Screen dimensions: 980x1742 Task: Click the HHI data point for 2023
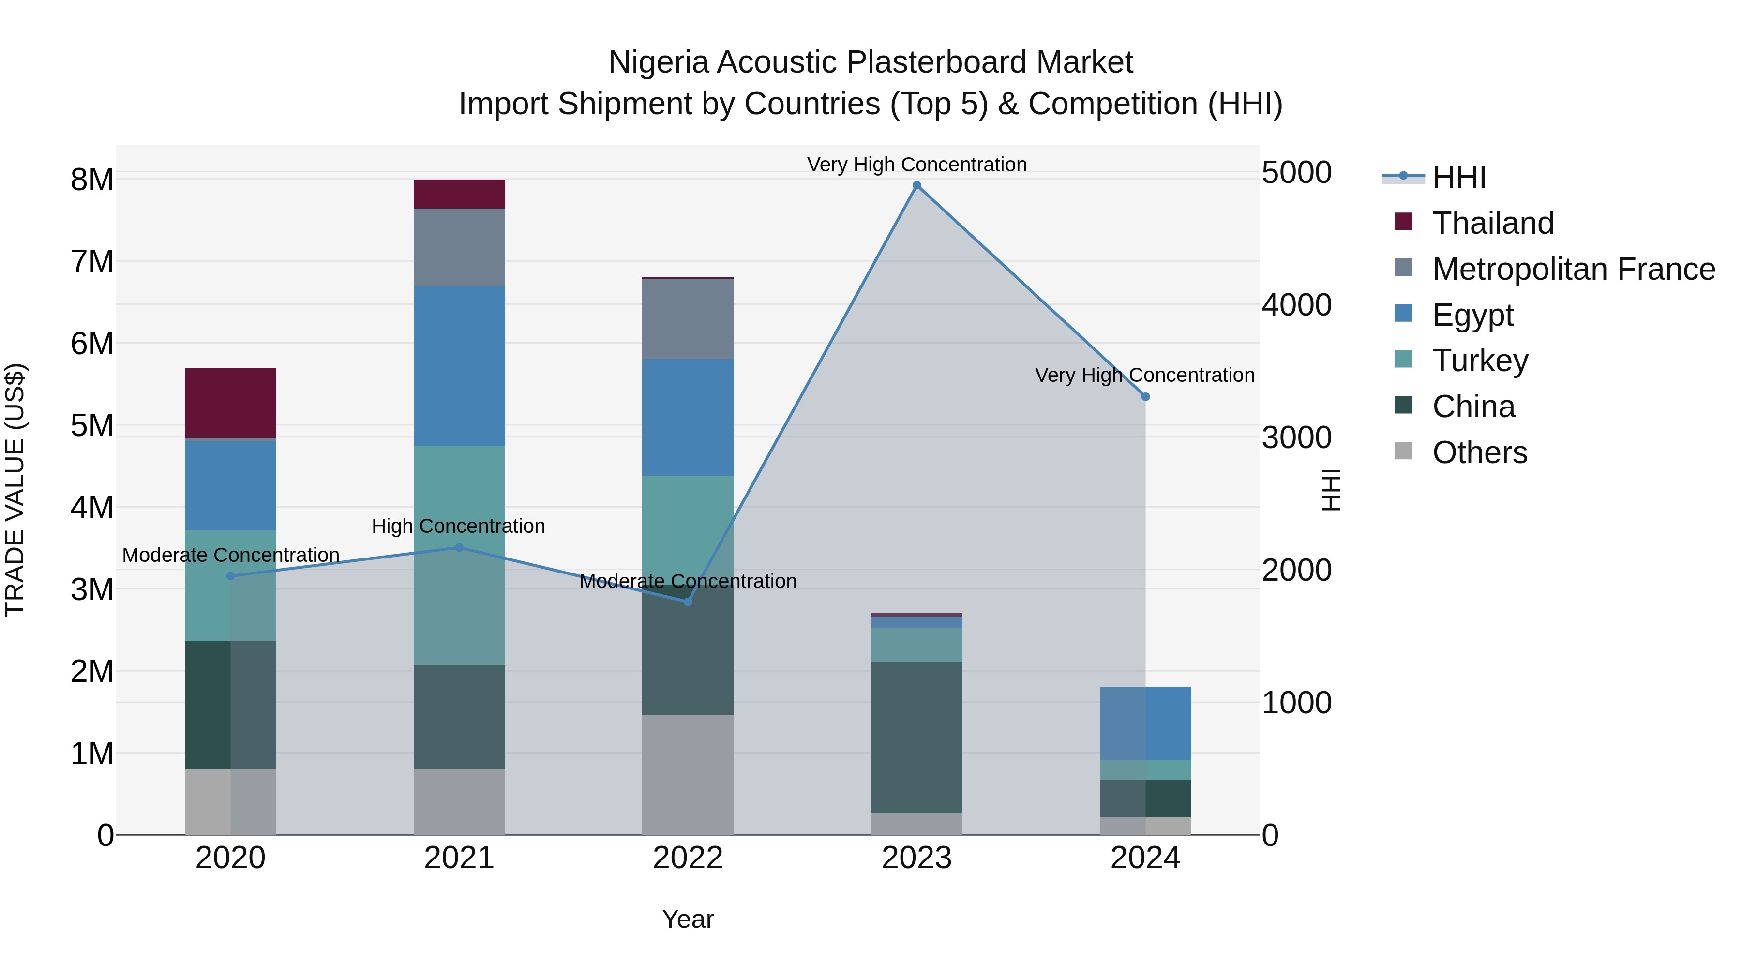coord(916,185)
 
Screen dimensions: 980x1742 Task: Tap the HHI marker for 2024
coord(1145,397)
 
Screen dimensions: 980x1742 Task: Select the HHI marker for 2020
coord(231,576)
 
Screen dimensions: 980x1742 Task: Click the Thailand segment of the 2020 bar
coord(231,403)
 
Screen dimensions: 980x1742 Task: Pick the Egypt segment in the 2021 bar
coord(459,366)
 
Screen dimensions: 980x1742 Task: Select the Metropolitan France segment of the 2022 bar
coord(688,318)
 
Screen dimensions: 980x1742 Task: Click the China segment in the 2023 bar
coord(916,737)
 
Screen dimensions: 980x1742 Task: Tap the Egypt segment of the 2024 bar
coord(1145,723)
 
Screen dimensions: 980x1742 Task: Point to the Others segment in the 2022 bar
coord(688,774)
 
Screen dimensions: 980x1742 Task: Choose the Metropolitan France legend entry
coord(1573,269)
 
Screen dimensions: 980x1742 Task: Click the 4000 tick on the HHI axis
coord(1296,305)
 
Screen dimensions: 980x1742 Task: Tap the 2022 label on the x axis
coord(688,858)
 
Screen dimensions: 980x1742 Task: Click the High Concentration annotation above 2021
coord(459,526)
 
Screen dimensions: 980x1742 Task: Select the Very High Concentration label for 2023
coord(916,165)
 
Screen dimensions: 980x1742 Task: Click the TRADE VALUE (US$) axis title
coord(15,490)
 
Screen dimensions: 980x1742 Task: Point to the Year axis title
coord(688,919)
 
